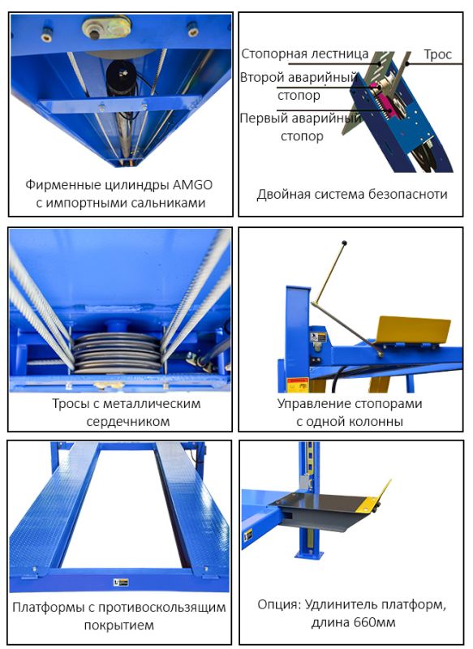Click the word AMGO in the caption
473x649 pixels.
click(192, 185)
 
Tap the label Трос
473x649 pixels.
click(437, 54)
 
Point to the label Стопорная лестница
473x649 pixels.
click(304, 54)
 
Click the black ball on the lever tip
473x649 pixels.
click(344, 243)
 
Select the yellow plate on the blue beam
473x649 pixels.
click(415, 330)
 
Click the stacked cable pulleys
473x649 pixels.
click(117, 352)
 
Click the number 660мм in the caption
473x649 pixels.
click(375, 622)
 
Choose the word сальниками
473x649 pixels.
click(168, 204)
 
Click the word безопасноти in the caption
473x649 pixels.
click(408, 194)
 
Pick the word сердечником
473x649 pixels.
click(128, 421)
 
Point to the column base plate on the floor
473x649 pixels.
click(309, 554)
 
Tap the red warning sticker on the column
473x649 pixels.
click(298, 383)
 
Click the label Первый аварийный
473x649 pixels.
click(300, 118)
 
